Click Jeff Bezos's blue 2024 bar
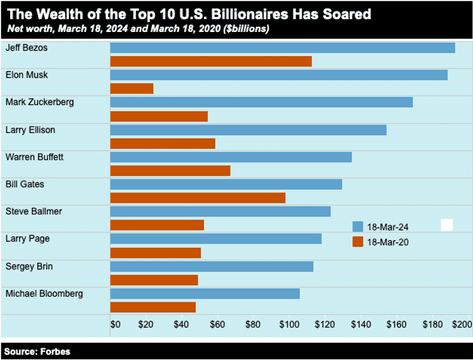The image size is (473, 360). coord(282,48)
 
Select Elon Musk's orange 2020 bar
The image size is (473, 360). coord(132,89)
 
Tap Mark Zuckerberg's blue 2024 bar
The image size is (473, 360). coord(261,102)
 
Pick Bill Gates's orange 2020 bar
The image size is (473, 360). coord(198,198)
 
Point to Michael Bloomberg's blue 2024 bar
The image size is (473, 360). coord(205,294)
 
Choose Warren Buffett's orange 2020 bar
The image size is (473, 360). coord(170,171)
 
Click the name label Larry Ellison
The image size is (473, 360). coord(30,129)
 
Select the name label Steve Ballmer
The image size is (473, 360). coord(34,211)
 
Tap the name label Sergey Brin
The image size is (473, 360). coord(29,266)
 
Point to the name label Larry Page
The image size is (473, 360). coord(27,239)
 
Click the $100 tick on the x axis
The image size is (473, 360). coord(289,325)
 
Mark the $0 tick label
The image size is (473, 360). coord(116,325)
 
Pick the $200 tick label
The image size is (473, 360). coord(462,325)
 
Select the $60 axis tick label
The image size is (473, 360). coord(217,325)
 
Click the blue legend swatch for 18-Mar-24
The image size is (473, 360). coord(357,226)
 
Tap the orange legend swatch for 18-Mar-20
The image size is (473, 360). coord(357,241)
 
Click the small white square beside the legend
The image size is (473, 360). coord(447,225)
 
